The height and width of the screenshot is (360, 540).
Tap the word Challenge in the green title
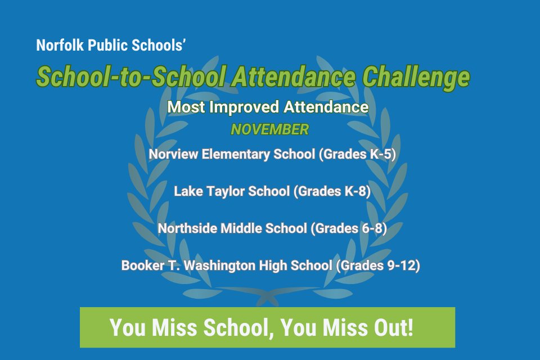click(x=416, y=76)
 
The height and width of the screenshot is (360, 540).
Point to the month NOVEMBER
click(x=269, y=129)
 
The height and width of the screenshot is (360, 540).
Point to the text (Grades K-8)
click(x=332, y=191)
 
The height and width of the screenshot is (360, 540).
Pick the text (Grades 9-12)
click(x=378, y=265)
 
